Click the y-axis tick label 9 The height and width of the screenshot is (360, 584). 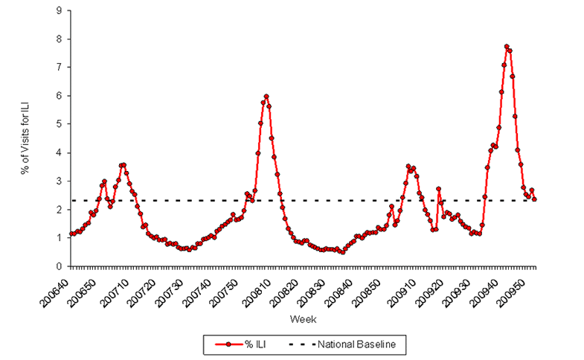pyautogui.click(x=59, y=10)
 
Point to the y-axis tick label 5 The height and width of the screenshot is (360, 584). pyautogui.click(x=59, y=124)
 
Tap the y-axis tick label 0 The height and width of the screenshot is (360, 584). pyautogui.click(x=59, y=266)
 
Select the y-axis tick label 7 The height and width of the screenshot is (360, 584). pyautogui.click(x=59, y=68)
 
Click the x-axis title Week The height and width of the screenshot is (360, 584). pyautogui.click(x=303, y=319)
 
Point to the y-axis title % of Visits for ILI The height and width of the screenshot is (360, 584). pyautogui.click(x=28, y=138)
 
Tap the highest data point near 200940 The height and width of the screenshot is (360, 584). pyautogui.click(x=507, y=47)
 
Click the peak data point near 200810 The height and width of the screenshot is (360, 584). pyautogui.click(x=266, y=97)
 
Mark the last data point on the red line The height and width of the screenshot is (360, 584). pyautogui.click(x=534, y=199)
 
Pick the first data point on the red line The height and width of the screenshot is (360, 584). pyautogui.click(x=71, y=234)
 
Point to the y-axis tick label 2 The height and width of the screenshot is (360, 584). pyautogui.click(x=59, y=210)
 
